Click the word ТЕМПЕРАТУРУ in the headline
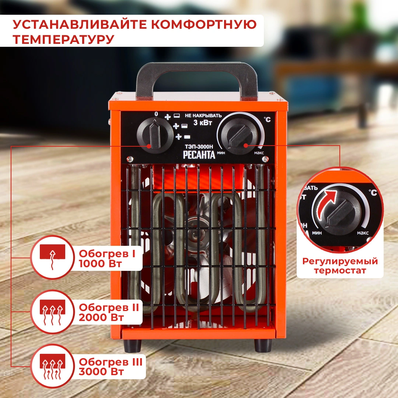pos(63,39)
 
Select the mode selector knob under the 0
pos(154,135)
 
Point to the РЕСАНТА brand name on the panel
pos(199,154)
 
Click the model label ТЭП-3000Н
pos(199,146)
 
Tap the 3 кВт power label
pos(203,123)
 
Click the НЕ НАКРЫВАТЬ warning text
pos(203,116)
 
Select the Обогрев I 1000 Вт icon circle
pos(52,257)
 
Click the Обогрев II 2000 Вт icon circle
pos(52,312)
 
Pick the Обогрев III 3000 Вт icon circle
pos(52,366)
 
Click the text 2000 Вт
pos(101,317)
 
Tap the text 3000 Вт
pos(101,371)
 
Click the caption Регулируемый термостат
pos(340,266)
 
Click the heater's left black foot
pos(132,345)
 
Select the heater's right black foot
pos(263,345)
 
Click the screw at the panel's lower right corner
pos(265,159)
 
